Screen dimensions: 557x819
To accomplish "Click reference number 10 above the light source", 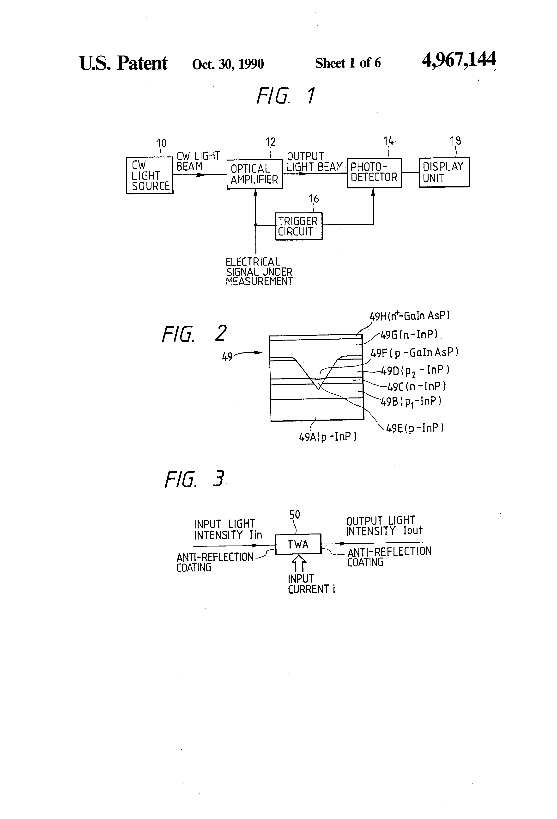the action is coord(161,143).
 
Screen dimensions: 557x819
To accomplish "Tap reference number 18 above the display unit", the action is coord(455,141).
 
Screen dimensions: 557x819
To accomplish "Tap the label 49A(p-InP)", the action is coord(327,437).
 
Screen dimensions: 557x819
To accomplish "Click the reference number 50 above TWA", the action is coord(295,515).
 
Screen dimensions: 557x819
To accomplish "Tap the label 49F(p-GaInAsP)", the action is coord(414,352).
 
